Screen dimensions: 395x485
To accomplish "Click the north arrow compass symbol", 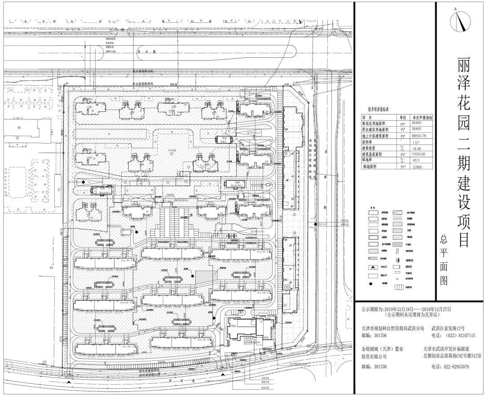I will pos(459,19).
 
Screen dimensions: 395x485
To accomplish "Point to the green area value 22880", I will pos(417,167).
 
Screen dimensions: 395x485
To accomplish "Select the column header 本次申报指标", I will pos(423,117).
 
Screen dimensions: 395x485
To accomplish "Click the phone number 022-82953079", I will pos(450,367).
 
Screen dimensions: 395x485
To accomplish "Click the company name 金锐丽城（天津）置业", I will pos(383,348).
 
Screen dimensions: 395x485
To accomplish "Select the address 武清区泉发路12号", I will pos(449,329).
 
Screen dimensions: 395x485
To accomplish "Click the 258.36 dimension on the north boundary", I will pos(174,84).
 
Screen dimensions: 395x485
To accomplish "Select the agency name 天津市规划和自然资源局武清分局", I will pos(392,329).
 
